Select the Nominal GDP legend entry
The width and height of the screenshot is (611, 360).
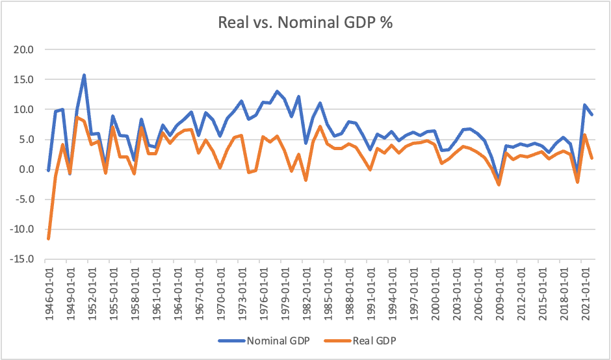pyautogui.click(x=276, y=340)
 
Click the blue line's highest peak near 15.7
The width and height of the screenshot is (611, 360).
pyautogui.click(x=84, y=75)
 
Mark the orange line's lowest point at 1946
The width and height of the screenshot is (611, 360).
pyautogui.click(x=48, y=238)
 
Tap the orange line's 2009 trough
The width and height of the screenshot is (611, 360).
pyautogui.click(x=499, y=185)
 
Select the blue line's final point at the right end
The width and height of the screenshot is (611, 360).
pyautogui.click(x=591, y=114)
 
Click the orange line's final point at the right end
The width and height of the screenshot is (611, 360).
pyautogui.click(x=591, y=158)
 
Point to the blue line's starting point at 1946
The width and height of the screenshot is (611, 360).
pyautogui.click(x=48, y=170)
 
